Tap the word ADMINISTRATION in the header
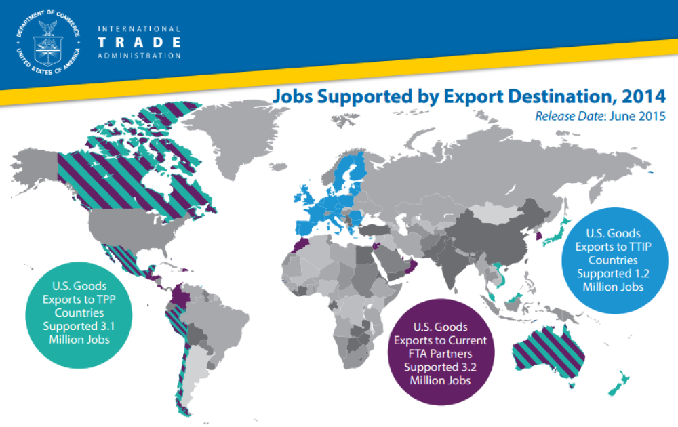pyautogui.click(x=139, y=56)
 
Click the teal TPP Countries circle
pyautogui.click(x=74, y=312)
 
